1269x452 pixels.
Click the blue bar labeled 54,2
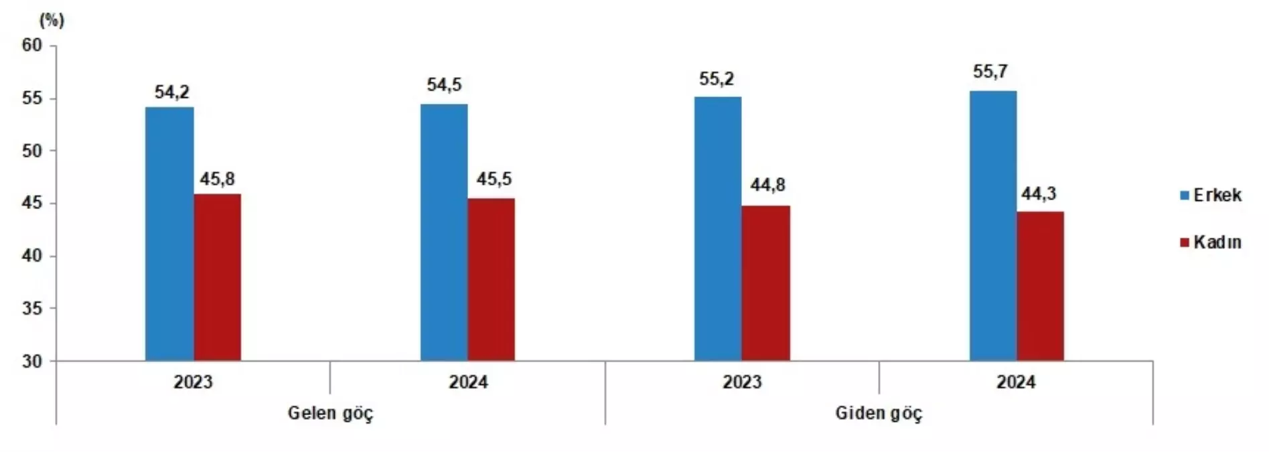(169, 234)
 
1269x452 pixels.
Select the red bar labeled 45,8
(218, 277)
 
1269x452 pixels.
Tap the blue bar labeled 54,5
(444, 232)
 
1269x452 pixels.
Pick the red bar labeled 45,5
(492, 279)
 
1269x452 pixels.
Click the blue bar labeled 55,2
(718, 228)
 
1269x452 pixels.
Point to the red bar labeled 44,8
(766, 283)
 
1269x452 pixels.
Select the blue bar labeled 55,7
(993, 226)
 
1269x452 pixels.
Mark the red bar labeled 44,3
(1040, 286)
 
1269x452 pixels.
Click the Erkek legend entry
(1211, 196)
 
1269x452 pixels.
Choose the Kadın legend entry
(1211, 242)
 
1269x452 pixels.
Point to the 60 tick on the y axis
(31, 46)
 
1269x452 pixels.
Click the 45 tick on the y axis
(31, 204)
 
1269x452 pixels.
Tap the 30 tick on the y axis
(31, 362)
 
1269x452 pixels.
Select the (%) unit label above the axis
(52, 21)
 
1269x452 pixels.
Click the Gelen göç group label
(330, 413)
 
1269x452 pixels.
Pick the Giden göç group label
(879, 413)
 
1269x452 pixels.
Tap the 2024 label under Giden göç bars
(1016, 382)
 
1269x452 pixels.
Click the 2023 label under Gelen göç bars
(193, 382)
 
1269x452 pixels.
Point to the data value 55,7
(990, 72)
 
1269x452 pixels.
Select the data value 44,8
(767, 185)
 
